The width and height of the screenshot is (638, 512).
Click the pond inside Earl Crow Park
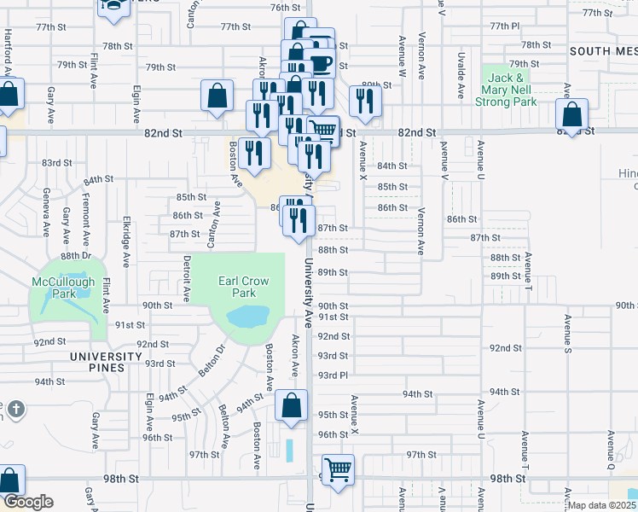246,318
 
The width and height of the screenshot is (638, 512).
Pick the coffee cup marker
322,64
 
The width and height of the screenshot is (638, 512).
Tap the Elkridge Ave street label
126,236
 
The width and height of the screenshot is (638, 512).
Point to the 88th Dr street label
75,255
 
